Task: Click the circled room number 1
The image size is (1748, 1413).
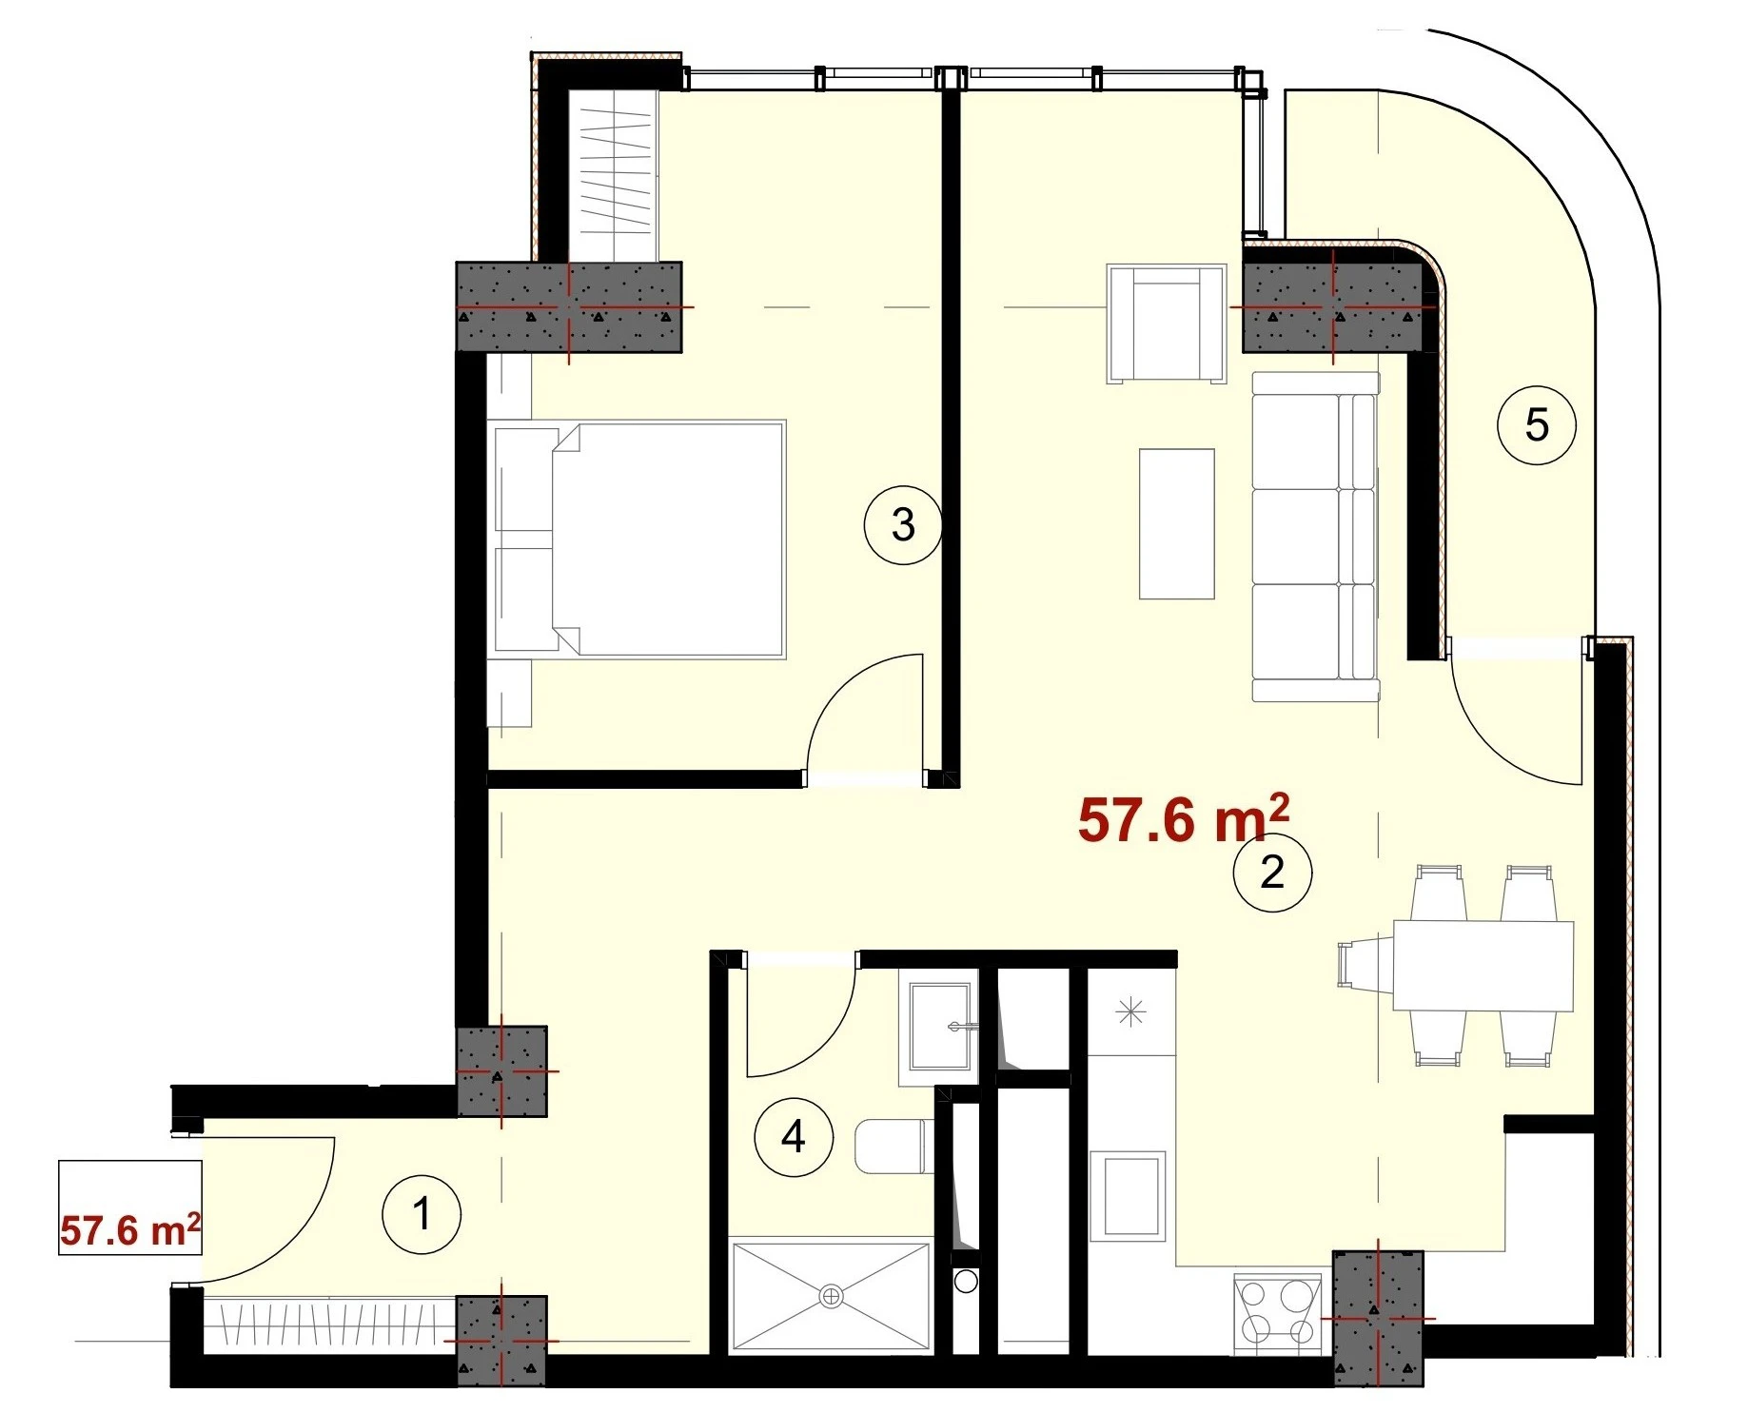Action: [x=422, y=1214]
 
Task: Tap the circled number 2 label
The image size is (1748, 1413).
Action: [x=1272, y=872]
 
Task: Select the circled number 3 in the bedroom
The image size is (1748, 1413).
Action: [x=903, y=524]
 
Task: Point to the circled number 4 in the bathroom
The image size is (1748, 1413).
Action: [x=794, y=1136]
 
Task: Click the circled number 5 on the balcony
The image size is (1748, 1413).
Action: [x=1537, y=424]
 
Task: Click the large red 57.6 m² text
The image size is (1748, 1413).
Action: [x=1184, y=818]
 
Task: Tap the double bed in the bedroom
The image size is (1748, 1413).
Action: [x=636, y=539]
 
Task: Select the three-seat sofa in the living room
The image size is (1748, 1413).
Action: [x=1315, y=537]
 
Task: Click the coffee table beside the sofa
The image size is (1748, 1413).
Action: [x=1177, y=523]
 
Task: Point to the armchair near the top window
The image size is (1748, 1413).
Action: [x=1166, y=324]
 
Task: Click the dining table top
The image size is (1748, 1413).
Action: [x=1483, y=965]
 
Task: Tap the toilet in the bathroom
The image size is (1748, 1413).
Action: [x=892, y=1147]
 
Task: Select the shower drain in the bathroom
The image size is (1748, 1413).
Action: [x=832, y=1294]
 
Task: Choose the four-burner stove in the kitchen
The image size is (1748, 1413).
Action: [x=1277, y=1313]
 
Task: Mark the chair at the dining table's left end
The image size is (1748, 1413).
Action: [x=1366, y=964]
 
